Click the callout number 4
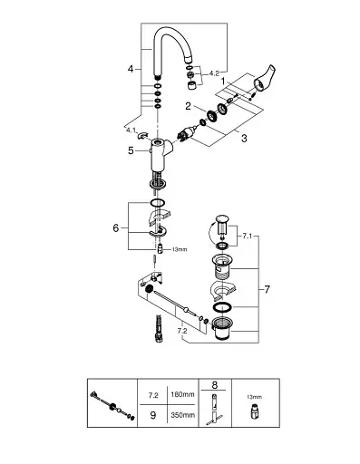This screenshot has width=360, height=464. point(131,69)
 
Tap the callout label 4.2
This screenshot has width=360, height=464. point(214,73)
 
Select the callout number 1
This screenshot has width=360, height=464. point(223,82)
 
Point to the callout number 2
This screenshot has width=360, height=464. point(188,106)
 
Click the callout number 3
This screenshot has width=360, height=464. point(244,139)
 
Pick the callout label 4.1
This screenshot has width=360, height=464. point(131,130)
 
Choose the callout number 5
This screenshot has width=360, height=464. point(131,150)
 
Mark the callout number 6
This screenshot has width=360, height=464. point(116,228)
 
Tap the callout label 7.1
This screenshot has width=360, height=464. point(247,237)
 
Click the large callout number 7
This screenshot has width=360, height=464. point(267,290)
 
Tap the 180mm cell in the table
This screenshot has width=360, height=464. point(182,394)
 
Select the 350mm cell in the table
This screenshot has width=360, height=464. point(182,415)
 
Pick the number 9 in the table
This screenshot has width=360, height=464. point(153,415)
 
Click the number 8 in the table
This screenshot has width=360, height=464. point(214,385)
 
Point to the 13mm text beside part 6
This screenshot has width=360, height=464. point(180,249)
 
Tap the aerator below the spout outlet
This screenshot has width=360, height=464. point(191,86)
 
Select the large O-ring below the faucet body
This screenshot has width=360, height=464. point(158,203)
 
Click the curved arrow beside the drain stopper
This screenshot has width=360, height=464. point(210,231)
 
